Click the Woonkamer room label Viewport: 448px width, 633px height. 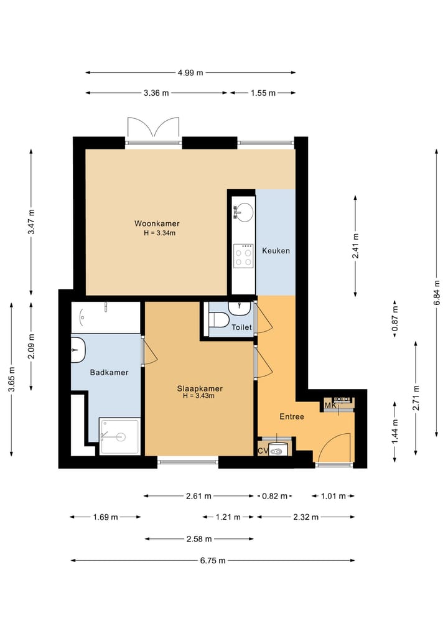pyautogui.click(x=157, y=223)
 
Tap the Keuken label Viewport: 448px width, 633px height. pyautogui.click(x=276, y=251)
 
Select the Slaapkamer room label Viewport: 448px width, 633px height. pyautogui.click(x=200, y=388)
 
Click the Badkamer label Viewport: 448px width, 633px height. pyautogui.click(x=109, y=372)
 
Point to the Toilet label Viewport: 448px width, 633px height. pyautogui.click(x=241, y=327)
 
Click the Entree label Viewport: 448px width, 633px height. pyautogui.click(x=292, y=416)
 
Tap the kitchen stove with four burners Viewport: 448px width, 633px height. pyautogui.click(x=243, y=256)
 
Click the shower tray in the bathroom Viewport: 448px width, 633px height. pyautogui.click(x=120, y=436)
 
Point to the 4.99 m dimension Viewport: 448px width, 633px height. pyautogui.click(x=190, y=73)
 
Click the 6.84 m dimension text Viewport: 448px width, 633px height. pyautogui.click(x=437, y=293)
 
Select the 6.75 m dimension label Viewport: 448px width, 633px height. pyautogui.click(x=213, y=560)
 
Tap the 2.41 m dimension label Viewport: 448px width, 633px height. pyautogui.click(x=355, y=246)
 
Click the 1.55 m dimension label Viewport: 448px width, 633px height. pyautogui.click(x=263, y=93)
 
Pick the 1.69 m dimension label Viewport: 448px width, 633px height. pyautogui.click(x=105, y=517)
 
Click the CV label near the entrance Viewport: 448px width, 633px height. pyautogui.click(x=263, y=451)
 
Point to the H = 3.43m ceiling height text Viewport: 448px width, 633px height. pyautogui.click(x=198, y=396)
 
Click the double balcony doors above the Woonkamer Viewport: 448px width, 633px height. pyautogui.click(x=153, y=128)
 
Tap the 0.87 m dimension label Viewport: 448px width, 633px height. pyautogui.click(x=395, y=319)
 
